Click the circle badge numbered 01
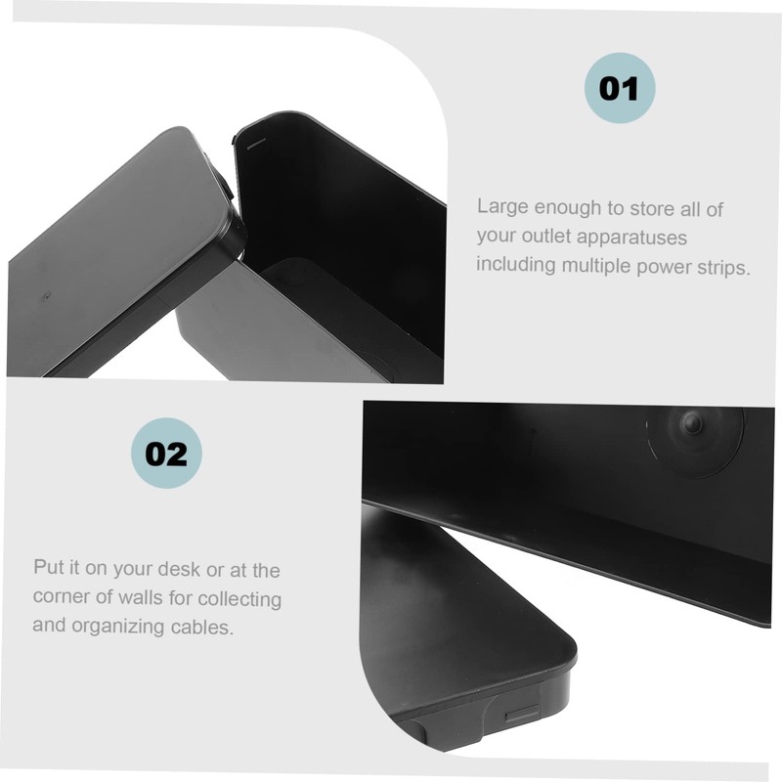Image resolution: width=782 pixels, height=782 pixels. click(x=619, y=88)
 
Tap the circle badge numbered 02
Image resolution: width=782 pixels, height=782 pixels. click(x=166, y=454)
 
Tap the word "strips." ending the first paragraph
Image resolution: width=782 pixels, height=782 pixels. click(x=721, y=266)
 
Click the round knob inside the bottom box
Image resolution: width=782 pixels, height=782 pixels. click(x=693, y=423)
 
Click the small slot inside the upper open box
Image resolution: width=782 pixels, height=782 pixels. click(x=255, y=143)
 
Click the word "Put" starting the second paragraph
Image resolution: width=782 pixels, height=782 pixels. click(x=48, y=569)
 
